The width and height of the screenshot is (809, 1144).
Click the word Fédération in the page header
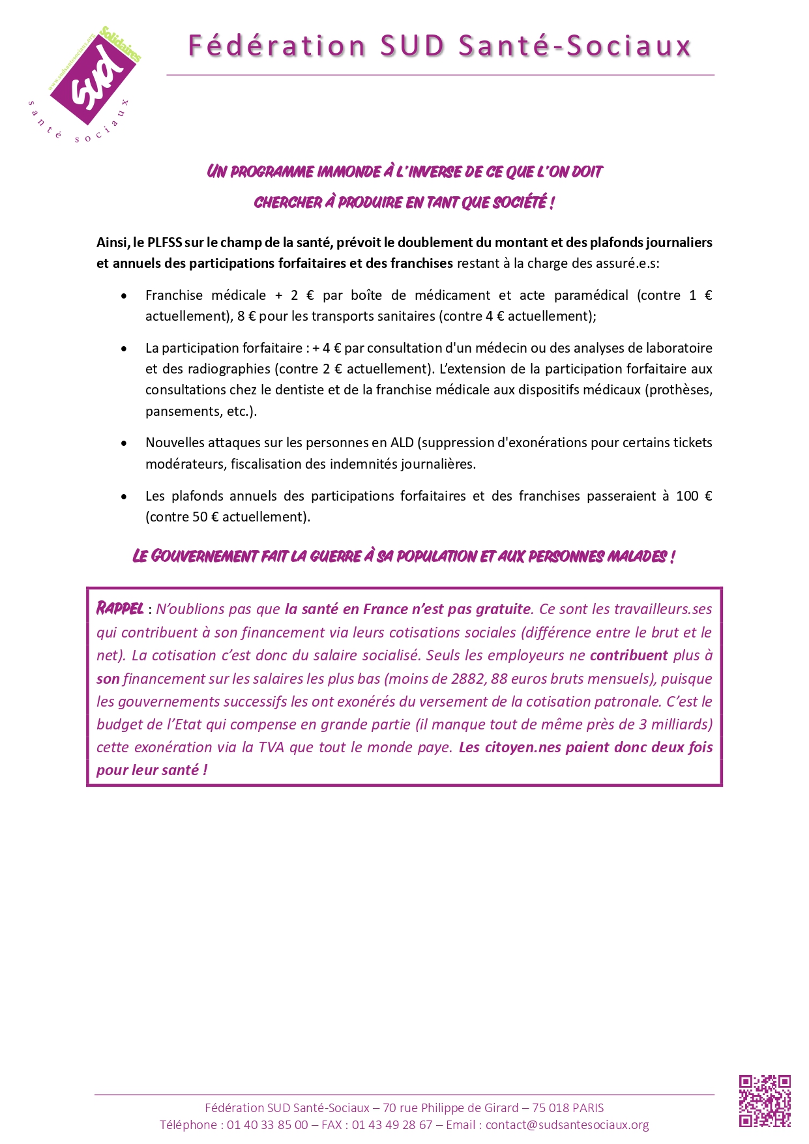pos(276,46)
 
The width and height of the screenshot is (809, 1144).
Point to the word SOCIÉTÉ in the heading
pos(519,203)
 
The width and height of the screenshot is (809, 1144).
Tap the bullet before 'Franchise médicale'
pos(124,296)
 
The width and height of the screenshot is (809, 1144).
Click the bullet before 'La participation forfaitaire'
pos(124,349)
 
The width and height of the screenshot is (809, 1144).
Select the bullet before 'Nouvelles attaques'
pos(124,443)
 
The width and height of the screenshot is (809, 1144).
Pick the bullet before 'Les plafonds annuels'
pos(124,497)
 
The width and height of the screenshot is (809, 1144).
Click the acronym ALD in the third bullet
pos(402,443)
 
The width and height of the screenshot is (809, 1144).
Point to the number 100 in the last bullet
pos(687,496)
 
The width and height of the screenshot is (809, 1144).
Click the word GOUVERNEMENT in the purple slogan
pos(204,557)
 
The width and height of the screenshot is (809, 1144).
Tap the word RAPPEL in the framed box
pos(120,609)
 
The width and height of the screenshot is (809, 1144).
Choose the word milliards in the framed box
pos(681,724)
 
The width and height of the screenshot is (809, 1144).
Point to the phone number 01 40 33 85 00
pos(267,1124)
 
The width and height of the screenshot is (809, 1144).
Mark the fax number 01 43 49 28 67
pos(392,1124)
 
